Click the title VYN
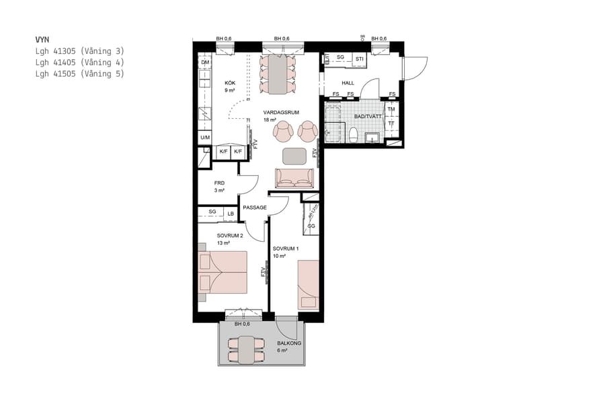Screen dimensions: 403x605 42,40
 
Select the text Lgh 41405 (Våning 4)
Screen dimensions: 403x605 79,62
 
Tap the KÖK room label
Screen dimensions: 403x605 231,83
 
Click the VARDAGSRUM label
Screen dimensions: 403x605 281,112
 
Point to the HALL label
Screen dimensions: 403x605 348,83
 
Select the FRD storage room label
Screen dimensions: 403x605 219,183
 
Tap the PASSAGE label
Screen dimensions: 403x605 255,208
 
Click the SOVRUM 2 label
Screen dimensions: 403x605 229,236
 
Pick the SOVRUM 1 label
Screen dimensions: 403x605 285,249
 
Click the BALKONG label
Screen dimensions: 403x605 288,343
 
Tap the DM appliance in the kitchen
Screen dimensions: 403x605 205,62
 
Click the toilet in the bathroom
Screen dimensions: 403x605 352,134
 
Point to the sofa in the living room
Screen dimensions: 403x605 294,177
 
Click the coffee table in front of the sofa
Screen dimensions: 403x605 294,156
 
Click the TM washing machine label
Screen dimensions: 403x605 391,109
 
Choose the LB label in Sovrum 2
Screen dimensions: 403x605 231,214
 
